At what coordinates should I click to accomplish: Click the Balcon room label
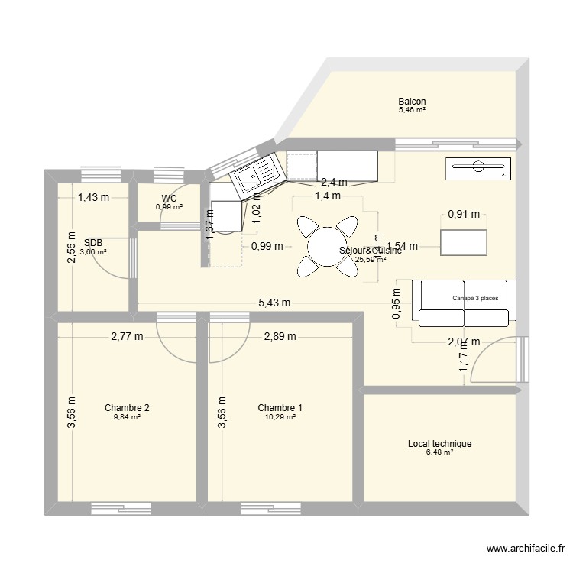point(411,102)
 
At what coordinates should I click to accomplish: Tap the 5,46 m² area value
point(411,111)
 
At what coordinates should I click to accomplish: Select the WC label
point(169,198)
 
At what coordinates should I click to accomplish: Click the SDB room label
point(93,242)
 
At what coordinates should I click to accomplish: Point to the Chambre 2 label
point(127,407)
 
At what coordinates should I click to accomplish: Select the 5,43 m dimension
point(274,303)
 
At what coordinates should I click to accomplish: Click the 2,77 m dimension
point(127,337)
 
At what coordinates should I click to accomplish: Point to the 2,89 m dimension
point(280,337)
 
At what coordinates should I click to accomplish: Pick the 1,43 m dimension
point(93,198)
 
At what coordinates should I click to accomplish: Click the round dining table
point(327,246)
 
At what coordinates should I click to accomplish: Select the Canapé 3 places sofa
point(465,299)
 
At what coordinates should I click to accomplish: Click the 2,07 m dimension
point(464,342)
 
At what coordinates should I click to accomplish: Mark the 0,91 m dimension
point(464,215)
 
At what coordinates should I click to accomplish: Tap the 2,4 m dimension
point(334,183)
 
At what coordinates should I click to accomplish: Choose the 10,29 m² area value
point(280,416)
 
